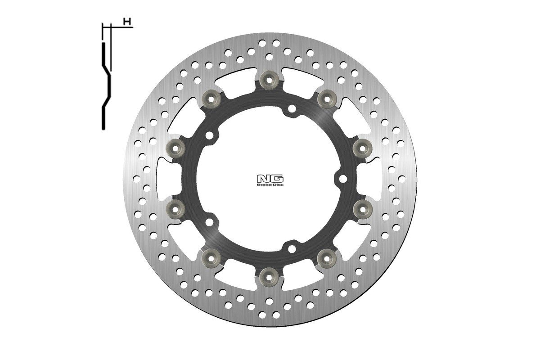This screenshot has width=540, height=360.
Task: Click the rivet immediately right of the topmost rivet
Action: (327, 99)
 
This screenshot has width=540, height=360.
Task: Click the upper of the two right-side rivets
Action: (363, 148)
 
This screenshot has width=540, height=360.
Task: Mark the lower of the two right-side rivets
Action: (363, 209)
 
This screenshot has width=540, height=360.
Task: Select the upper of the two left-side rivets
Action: (175, 148)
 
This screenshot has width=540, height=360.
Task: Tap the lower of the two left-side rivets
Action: (175, 209)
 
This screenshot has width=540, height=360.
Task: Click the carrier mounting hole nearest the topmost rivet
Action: (292, 108)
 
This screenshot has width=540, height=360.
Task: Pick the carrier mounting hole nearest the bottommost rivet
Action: (292, 248)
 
